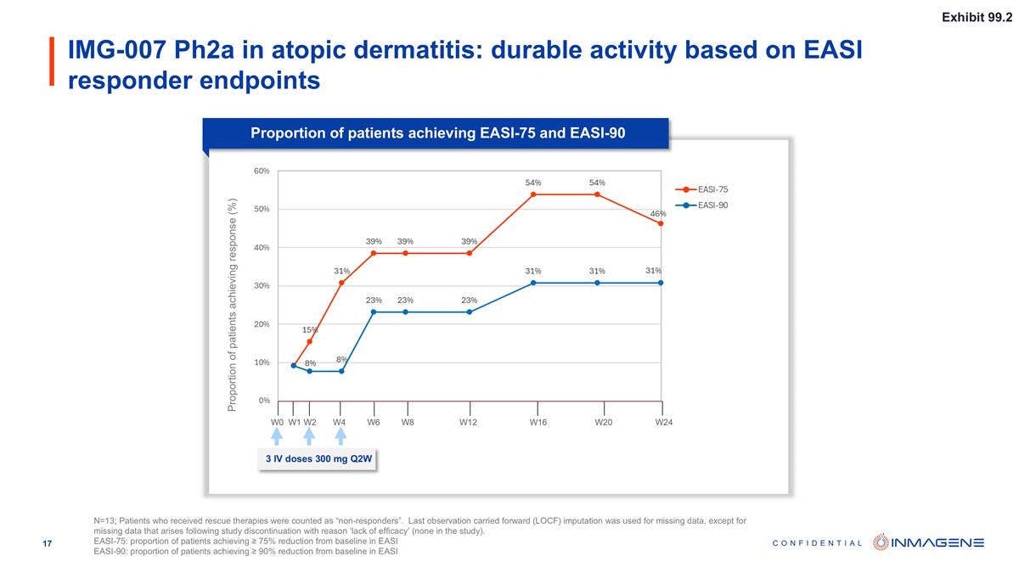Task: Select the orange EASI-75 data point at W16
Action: click(533, 194)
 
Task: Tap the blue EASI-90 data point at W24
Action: click(661, 283)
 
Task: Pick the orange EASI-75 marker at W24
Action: click(661, 223)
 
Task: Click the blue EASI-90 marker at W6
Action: click(374, 312)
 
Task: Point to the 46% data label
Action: click(658, 213)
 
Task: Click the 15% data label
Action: click(310, 329)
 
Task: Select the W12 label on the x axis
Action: click(468, 422)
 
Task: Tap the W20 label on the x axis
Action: click(603, 422)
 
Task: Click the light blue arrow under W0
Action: click(277, 436)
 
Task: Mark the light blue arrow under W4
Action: click(341, 436)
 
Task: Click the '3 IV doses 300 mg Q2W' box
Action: click(317, 460)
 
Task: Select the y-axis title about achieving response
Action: click(232, 306)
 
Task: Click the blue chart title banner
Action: click(437, 133)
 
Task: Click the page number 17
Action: click(48, 543)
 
